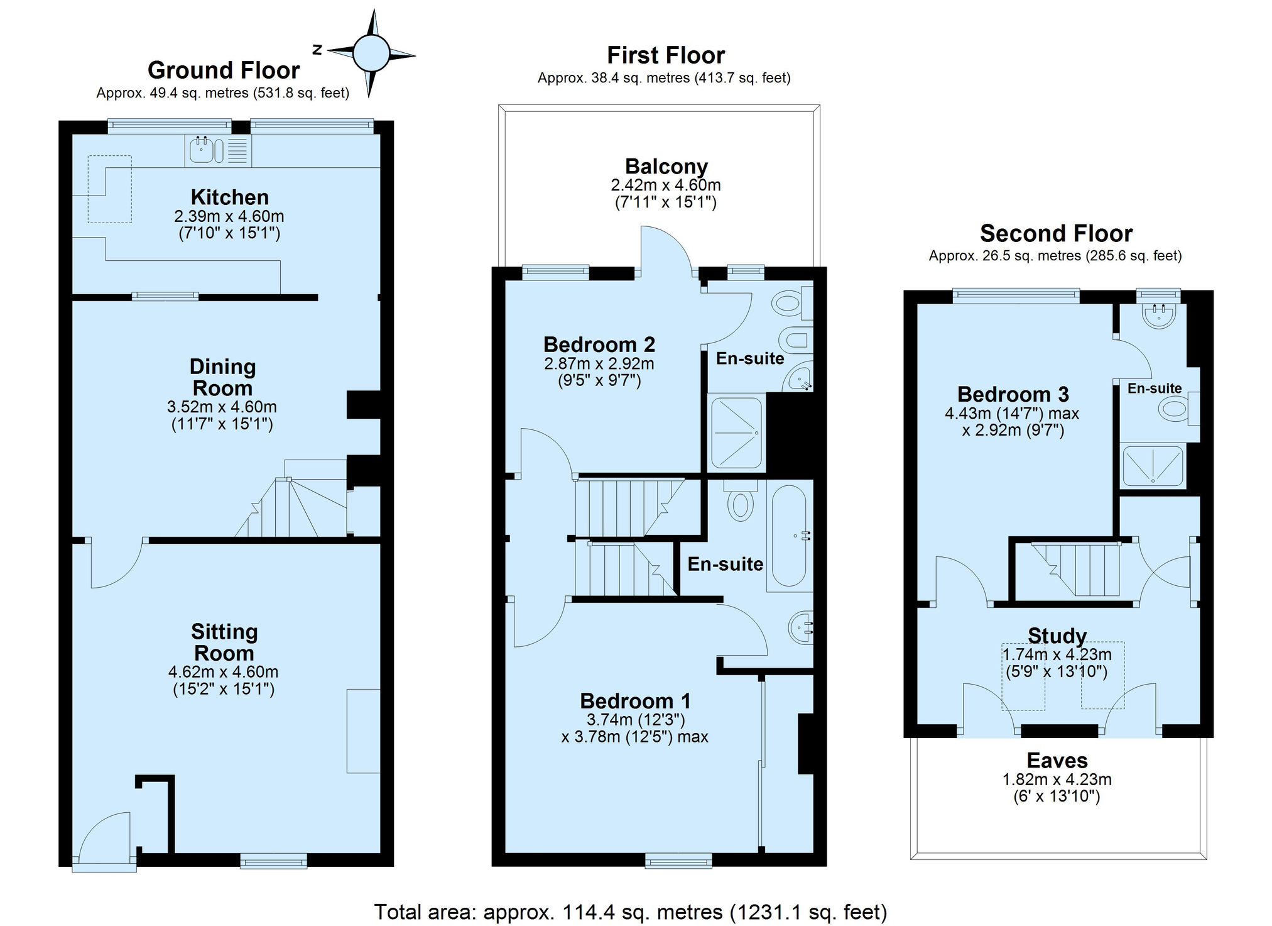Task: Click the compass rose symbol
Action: [x=371, y=53]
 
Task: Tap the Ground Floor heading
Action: [x=224, y=70]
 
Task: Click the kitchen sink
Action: [x=207, y=150]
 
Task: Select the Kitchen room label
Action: [x=230, y=197]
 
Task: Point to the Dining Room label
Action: [x=222, y=377]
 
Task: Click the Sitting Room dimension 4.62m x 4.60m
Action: [x=223, y=671]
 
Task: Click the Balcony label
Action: [x=666, y=166]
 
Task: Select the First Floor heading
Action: [x=666, y=55]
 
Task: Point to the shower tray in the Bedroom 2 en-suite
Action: [x=736, y=433]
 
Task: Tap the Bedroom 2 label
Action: [x=599, y=344]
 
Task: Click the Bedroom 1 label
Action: [x=635, y=701]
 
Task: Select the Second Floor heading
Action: [x=1057, y=233]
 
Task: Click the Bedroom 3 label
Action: [x=1013, y=394]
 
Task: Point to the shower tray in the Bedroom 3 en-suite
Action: [x=1153, y=465]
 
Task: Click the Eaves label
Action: [x=1057, y=761]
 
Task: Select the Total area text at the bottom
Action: [x=631, y=912]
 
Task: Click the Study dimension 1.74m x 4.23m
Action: [x=1057, y=654]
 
